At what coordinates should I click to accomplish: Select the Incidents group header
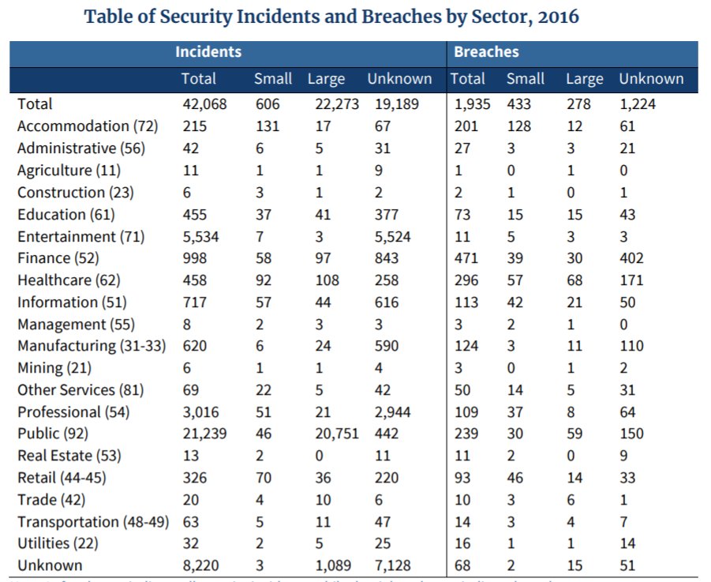tap(208, 52)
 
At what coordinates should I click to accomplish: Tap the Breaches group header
tap(485, 52)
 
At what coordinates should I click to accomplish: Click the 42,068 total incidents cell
tap(204, 104)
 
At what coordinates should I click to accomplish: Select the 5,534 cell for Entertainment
tap(200, 236)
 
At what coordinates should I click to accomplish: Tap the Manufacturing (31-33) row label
tap(92, 346)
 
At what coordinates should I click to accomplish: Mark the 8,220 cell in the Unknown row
tap(200, 565)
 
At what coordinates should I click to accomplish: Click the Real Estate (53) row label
tap(71, 456)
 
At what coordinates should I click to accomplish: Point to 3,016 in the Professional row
tap(200, 412)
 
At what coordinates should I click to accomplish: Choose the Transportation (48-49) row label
tap(93, 522)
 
